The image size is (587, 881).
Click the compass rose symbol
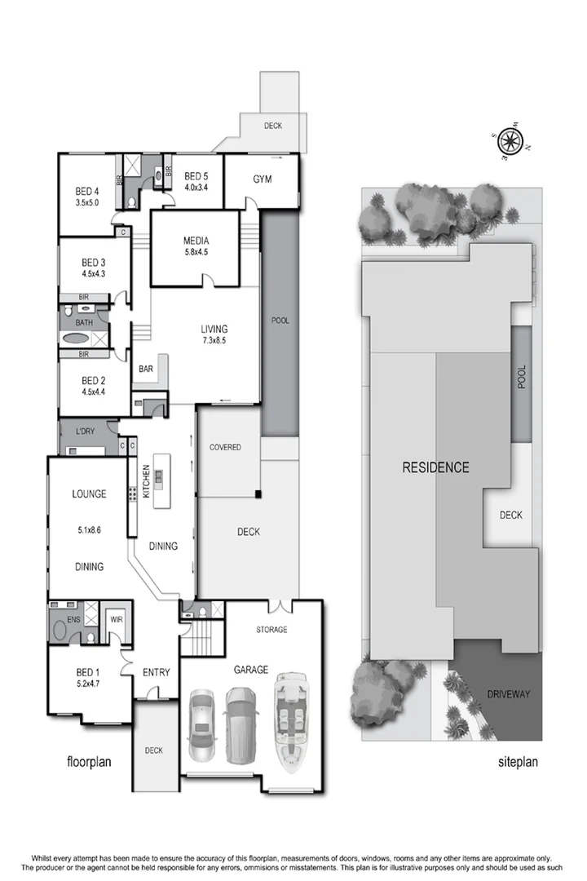(510, 140)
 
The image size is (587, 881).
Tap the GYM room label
(262, 179)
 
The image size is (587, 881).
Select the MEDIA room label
(196, 241)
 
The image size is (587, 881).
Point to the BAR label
(146, 369)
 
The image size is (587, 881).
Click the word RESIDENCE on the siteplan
(435, 467)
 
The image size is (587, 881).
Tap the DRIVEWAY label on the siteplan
(509, 694)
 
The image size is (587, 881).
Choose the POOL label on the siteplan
(522, 376)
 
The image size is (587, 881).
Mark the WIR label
(116, 618)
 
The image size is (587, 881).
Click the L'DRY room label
(86, 430)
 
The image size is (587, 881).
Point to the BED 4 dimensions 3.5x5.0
(87, 202)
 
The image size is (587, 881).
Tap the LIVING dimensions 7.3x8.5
(214, 341)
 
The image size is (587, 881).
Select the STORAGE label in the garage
(271, 630)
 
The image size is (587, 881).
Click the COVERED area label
(225, 448)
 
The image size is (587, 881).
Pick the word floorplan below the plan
(88, 762)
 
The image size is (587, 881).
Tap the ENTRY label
(156, 672)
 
